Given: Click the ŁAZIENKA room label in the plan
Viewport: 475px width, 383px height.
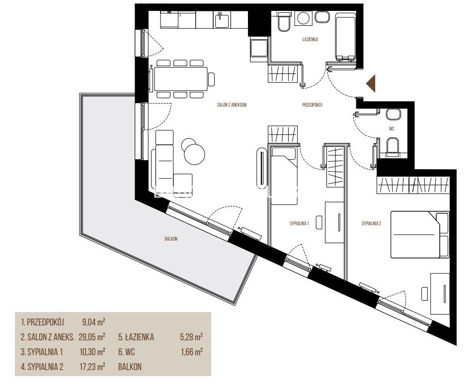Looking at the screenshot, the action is pyautogui.click(x=310, y=39).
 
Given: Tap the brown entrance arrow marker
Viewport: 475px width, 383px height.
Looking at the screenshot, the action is pyautogui.click(x=371, y=83).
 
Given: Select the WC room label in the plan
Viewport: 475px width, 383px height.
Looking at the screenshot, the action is pyautogui.click(x=392, y=129).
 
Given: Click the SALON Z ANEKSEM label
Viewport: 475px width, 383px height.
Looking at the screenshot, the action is pyautogui.click(x=232, y=105).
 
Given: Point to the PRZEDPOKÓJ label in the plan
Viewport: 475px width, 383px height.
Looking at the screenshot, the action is pyautogui.click(x=313, y=105).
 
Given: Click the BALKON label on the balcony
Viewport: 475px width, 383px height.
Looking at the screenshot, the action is pyautogui.click(x=171, y=239).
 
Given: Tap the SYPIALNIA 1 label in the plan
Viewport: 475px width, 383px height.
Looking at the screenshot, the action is pyautogui.click(x=299, y=224).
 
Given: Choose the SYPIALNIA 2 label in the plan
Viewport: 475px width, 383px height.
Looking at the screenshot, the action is pyautogui.click(x=371, y=224).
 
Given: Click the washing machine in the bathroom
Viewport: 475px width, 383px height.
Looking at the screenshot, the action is pyautogui.click(x=303, y=18).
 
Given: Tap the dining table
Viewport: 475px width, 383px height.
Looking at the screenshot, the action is pyautogui.click(x=180, y=79).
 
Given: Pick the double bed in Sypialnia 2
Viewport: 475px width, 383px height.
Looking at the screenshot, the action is pyautogui.click(x=420, y=235).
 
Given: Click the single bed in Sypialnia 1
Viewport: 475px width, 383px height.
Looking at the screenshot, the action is pyautogui.click(x=284, y=176).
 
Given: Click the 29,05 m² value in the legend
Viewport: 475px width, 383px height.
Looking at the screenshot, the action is pyautogui.click(x=92, y=337).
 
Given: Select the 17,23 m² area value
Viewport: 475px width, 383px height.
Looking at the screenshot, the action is pyautogui.click(x=92, y=367).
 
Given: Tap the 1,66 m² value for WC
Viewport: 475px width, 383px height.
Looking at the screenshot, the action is pyautogui.click(x=191, y=352).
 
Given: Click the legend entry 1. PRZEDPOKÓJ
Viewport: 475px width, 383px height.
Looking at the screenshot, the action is pyautogui.click(x=42, y=322).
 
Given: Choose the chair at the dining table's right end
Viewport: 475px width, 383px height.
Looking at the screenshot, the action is pyautogui.click(x=212, y=79).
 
